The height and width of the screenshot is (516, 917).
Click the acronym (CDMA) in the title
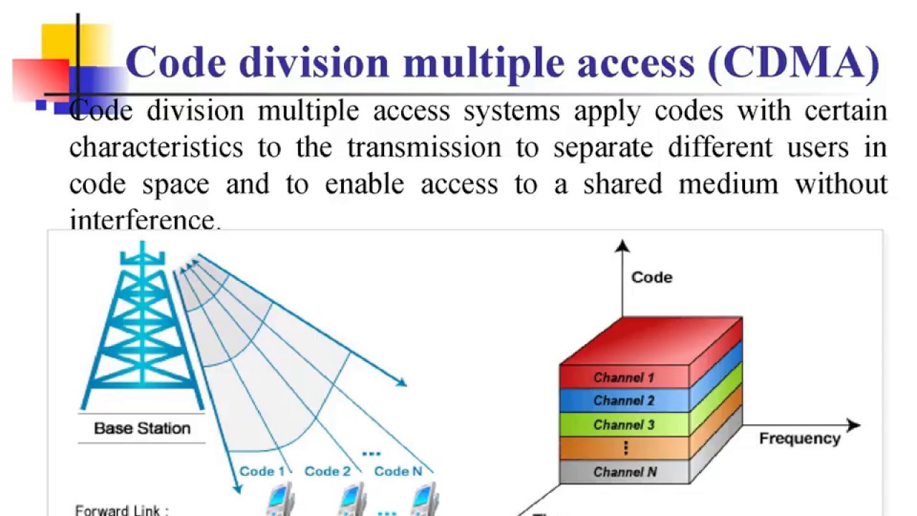coord(793,63)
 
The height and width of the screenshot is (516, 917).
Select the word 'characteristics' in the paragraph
coord(155,148)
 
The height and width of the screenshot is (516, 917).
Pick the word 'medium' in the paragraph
coord(728,184)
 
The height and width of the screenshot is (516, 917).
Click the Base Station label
coord(142,429)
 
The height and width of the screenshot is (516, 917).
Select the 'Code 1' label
coord(261,471)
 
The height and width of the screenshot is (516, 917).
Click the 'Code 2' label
coord(327,471)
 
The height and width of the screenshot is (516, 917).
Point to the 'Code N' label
coord(398,471)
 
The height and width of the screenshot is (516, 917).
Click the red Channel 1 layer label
coord(623,378)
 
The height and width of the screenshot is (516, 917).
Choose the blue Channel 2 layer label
coord(623,401)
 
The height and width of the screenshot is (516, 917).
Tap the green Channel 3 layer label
coord(623,425)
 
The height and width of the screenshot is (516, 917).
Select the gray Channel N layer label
coord(625,472)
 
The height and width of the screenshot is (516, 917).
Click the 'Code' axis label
coord(651,277)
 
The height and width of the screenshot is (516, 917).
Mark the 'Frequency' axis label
coord(800,439)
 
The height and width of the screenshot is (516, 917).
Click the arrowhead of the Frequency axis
coord(853,425)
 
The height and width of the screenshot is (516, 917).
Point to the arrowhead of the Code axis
coord(622,247)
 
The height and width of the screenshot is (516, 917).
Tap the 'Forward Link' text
coord(122,510)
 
